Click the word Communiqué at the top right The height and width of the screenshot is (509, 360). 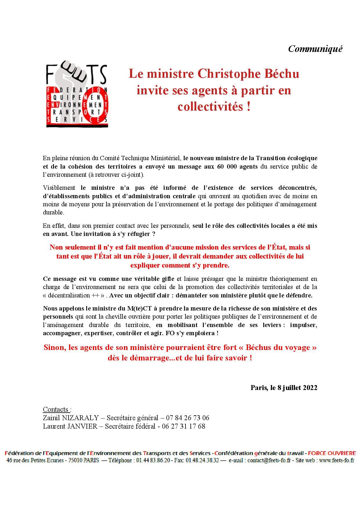pyautogui.click(x=315, y=49)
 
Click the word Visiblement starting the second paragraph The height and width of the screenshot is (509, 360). pyautogui.click(x=59, y=188)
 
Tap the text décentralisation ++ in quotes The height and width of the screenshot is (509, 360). pyautogui.click(x=74, y=295)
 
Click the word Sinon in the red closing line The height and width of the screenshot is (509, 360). pyautogui.click(x=54, y=347)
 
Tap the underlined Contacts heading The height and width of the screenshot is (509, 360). pyautogui.click(x=56, y=409)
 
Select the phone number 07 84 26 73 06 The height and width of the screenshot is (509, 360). pyautogui.click(x=188, y=418)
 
